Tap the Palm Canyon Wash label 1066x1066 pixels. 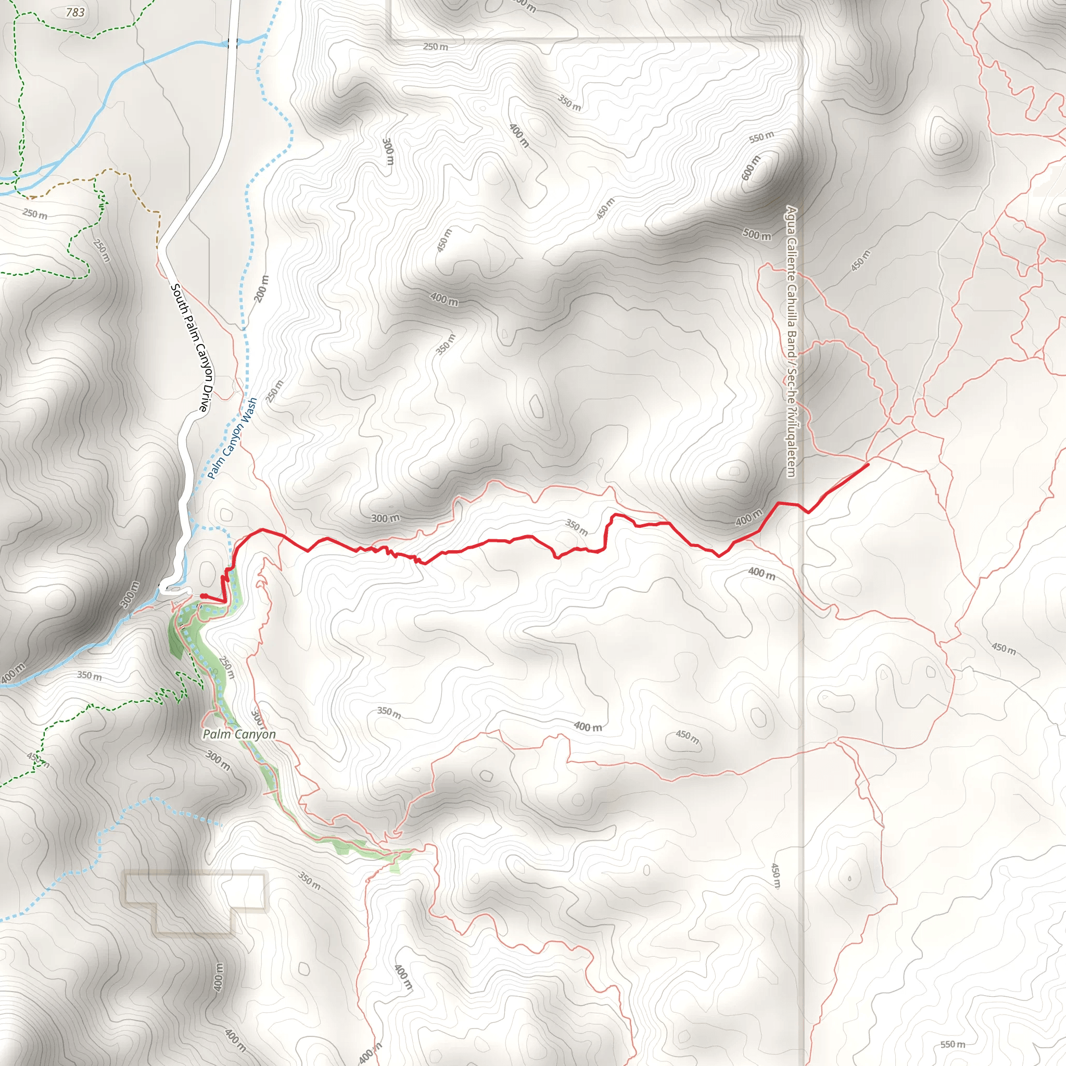click(232, 438)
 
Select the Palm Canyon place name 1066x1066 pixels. click(239, 734)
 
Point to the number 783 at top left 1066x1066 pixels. click(75, 12)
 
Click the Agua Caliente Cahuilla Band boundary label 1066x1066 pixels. click(792, 341)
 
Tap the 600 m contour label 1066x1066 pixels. click(751, 168)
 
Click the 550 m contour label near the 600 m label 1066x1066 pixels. click(762, 137)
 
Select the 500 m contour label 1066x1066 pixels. click(756, 235)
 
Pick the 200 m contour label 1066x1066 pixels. click(262, 288)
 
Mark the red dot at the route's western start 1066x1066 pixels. click(202, 596)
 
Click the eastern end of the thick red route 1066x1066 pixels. click(869, 465)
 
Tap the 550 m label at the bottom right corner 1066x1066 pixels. click(953, 1044)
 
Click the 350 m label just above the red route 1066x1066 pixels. click(577, 527)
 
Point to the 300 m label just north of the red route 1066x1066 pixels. click(385, 518)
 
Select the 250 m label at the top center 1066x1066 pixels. click(435, 47)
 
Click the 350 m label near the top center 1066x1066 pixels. click(569, 103)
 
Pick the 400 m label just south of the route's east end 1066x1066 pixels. click(762, 574)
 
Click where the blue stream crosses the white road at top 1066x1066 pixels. click(232, 43)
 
